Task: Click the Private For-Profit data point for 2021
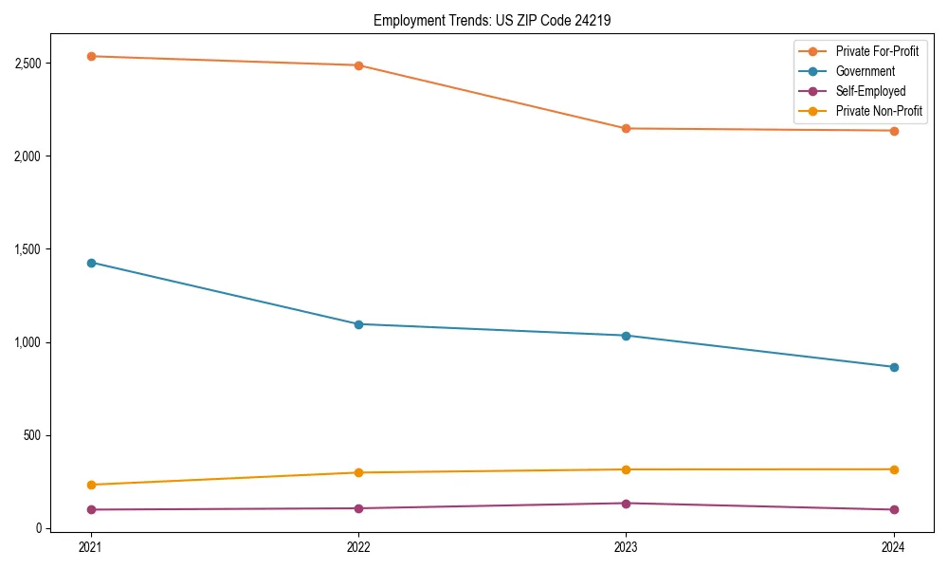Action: click(91, 56)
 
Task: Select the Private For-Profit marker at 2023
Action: click(626, 128)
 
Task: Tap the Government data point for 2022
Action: click(358, 324)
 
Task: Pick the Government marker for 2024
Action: click(894, 367)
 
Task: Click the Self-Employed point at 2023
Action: click(626, 504)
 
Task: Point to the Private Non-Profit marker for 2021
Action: click(91, 485)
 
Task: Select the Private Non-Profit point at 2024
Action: click(894, 469)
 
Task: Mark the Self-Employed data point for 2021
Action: click(91, 509)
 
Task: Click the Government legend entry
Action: click(865, 71)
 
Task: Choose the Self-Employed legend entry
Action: click(870, 91)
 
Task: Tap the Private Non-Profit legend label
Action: click(879, 111)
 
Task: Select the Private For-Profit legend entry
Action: click(877, 51)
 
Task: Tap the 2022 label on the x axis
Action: click(358, 546)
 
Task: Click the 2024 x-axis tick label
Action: click(894, 546)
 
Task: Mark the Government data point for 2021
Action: click(91, 263)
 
